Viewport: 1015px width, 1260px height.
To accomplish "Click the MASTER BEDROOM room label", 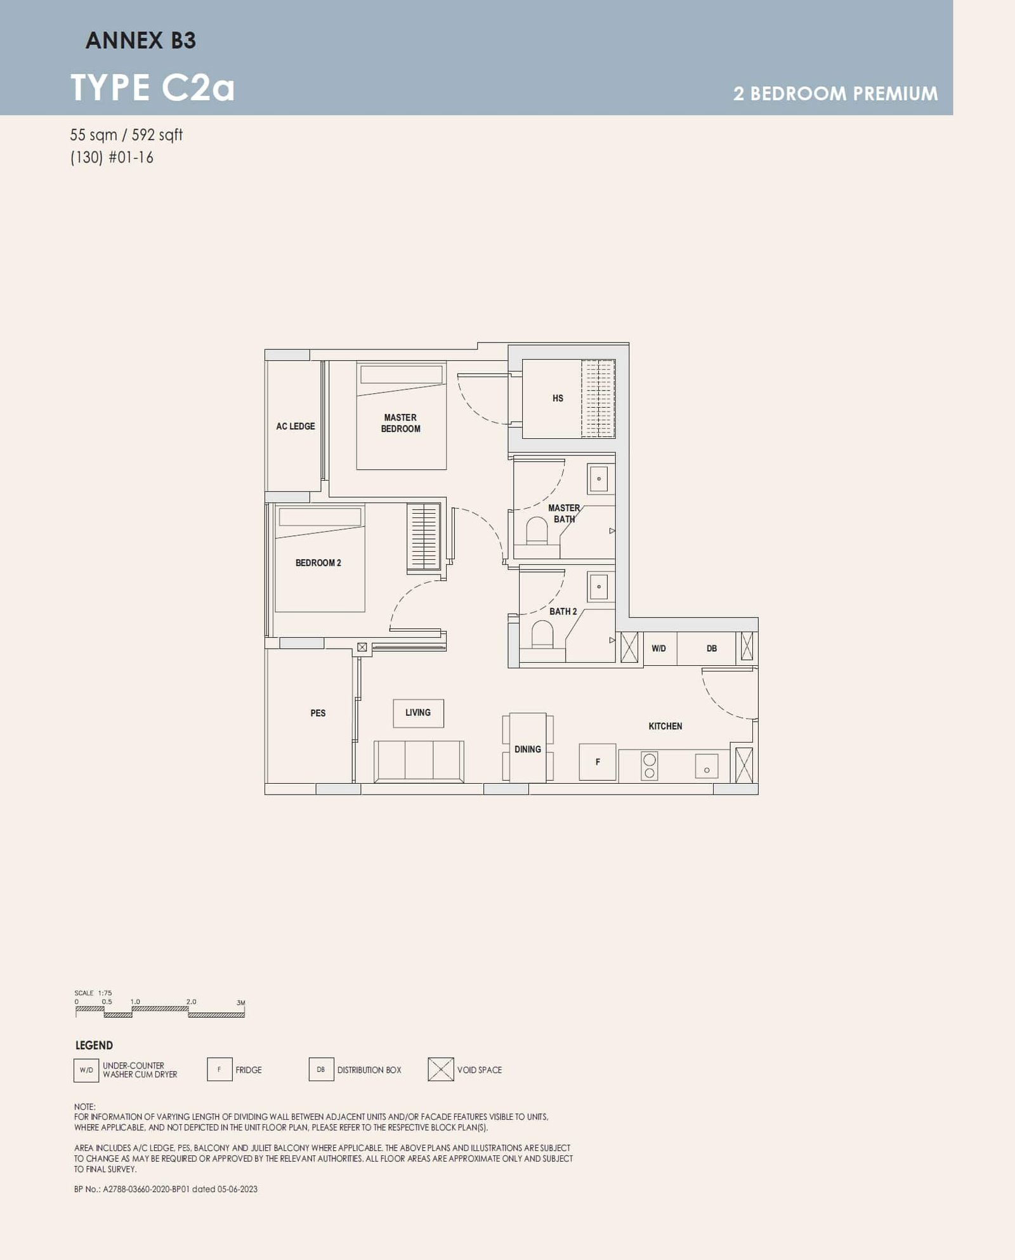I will [400, 423].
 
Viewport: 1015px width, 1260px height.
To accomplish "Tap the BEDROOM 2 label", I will [318, 562].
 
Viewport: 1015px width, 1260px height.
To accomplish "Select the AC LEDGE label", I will [295, 426].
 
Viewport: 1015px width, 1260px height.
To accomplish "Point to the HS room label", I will [558, 398].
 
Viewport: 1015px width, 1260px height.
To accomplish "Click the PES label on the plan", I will [318, 713].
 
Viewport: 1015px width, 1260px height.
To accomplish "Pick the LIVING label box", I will [418, 713].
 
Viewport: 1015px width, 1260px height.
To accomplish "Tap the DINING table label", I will [528, 749].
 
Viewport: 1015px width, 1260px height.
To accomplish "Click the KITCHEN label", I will [665, 726].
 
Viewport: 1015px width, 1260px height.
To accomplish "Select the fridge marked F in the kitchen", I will [598, 762].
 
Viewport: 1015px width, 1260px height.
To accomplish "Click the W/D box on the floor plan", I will [659, 648].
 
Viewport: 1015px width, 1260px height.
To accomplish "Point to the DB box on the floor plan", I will [712, 648].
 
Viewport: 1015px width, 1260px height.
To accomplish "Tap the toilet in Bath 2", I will [542, 633].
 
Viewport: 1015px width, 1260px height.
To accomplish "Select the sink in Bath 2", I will [599, 587].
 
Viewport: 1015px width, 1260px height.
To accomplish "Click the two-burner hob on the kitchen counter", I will [650, 766].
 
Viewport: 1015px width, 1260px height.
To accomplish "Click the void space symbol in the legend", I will [441, 1069].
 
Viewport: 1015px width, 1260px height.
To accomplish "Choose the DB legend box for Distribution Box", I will [321, 1069].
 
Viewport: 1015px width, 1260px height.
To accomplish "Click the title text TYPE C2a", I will [152, 88].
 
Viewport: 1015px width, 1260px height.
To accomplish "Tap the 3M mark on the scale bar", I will [241, 1003].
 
